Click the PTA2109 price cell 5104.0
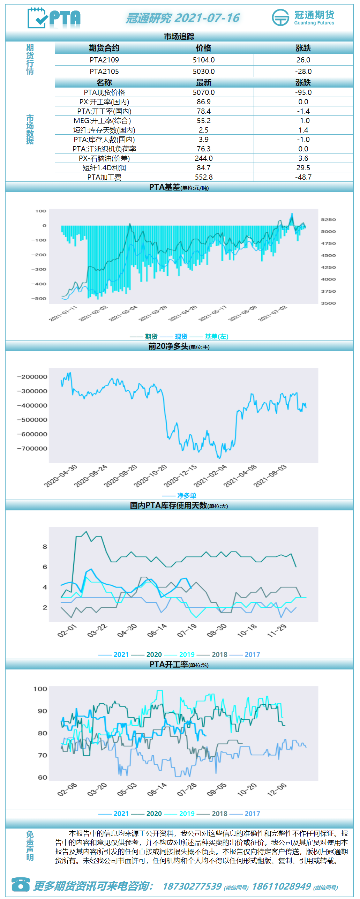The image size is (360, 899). tap(204, 60)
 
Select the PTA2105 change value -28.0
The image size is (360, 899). tap(303, 72)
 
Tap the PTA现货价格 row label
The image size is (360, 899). tap(104, 92)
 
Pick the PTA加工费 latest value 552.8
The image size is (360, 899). tap(204, 177)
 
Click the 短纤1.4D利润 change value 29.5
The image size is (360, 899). tap(303, 168)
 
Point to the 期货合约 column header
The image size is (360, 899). tap(104, 48)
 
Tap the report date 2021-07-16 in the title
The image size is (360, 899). tap(207, 18)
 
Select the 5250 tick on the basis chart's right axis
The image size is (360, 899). tap(328, 219)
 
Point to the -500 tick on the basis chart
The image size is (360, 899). tap(39, 298)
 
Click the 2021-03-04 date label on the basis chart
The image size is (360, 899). tap(123, 313)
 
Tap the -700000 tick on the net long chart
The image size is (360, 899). tap(32, 448)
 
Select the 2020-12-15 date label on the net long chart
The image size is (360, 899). tap(180, 475)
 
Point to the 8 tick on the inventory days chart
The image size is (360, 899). tap(45, 547)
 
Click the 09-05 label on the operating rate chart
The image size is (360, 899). tap(217, 789)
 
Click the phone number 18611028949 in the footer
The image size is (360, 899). tap(281, 886)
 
